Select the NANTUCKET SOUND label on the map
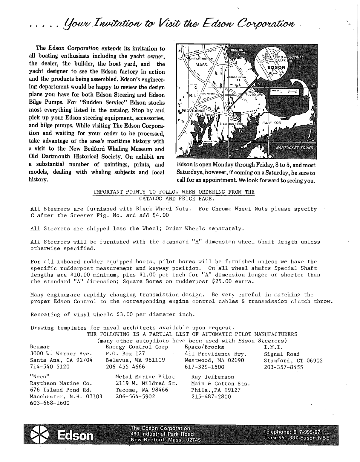click(x=294, y=147)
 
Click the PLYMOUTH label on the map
click(x=255, y=95)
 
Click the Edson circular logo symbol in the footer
click(x=40, y=434)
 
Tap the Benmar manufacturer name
click(x=40, y=347)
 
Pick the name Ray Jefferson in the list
click(x=213, y=377)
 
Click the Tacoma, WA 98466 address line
click(x=142, y=390)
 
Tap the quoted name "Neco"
click(x=39, y=377)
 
